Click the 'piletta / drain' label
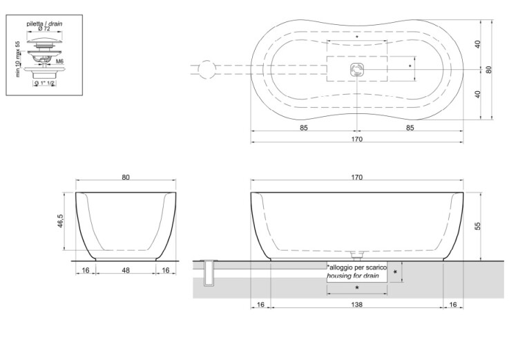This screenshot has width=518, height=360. (44, 23)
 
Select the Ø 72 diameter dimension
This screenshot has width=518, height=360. (44, 29)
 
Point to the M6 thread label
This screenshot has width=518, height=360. (59, 61)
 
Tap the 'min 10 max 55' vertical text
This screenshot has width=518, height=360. (18, 59)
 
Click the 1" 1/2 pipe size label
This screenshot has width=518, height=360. (47, 83)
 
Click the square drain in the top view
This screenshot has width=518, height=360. (357, 69)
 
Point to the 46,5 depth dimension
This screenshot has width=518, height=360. (61, 221)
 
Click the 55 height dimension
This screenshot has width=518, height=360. (478, 226)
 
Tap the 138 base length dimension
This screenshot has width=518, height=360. (357, 304)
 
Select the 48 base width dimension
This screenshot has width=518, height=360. (126, 270)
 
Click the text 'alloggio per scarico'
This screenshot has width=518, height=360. (357, 267)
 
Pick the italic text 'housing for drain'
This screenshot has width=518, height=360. (353, 276)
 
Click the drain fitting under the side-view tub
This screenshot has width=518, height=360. (357, 254)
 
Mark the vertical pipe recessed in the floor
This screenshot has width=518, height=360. (209, 273)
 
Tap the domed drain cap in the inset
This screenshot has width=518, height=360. (44, 40)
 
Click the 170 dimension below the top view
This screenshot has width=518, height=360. (357, 139)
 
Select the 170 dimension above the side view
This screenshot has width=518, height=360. (357, 178)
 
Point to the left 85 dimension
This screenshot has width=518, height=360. (304, 128)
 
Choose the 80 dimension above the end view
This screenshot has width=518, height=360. (126, 178)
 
